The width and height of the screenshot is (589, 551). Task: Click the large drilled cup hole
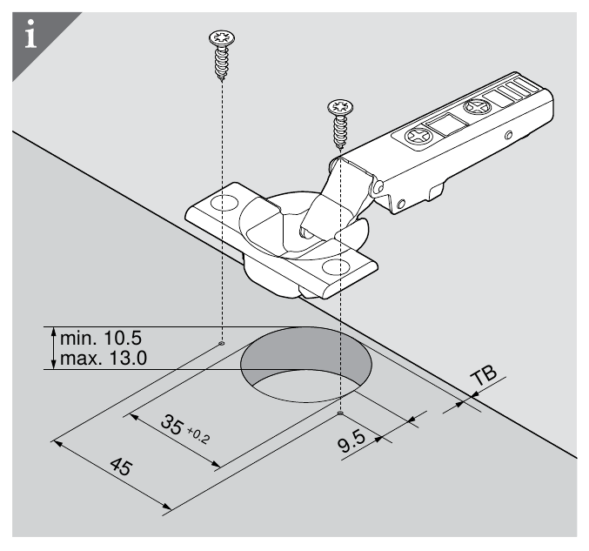(306, 366)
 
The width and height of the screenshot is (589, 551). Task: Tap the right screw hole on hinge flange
(339, 265)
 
